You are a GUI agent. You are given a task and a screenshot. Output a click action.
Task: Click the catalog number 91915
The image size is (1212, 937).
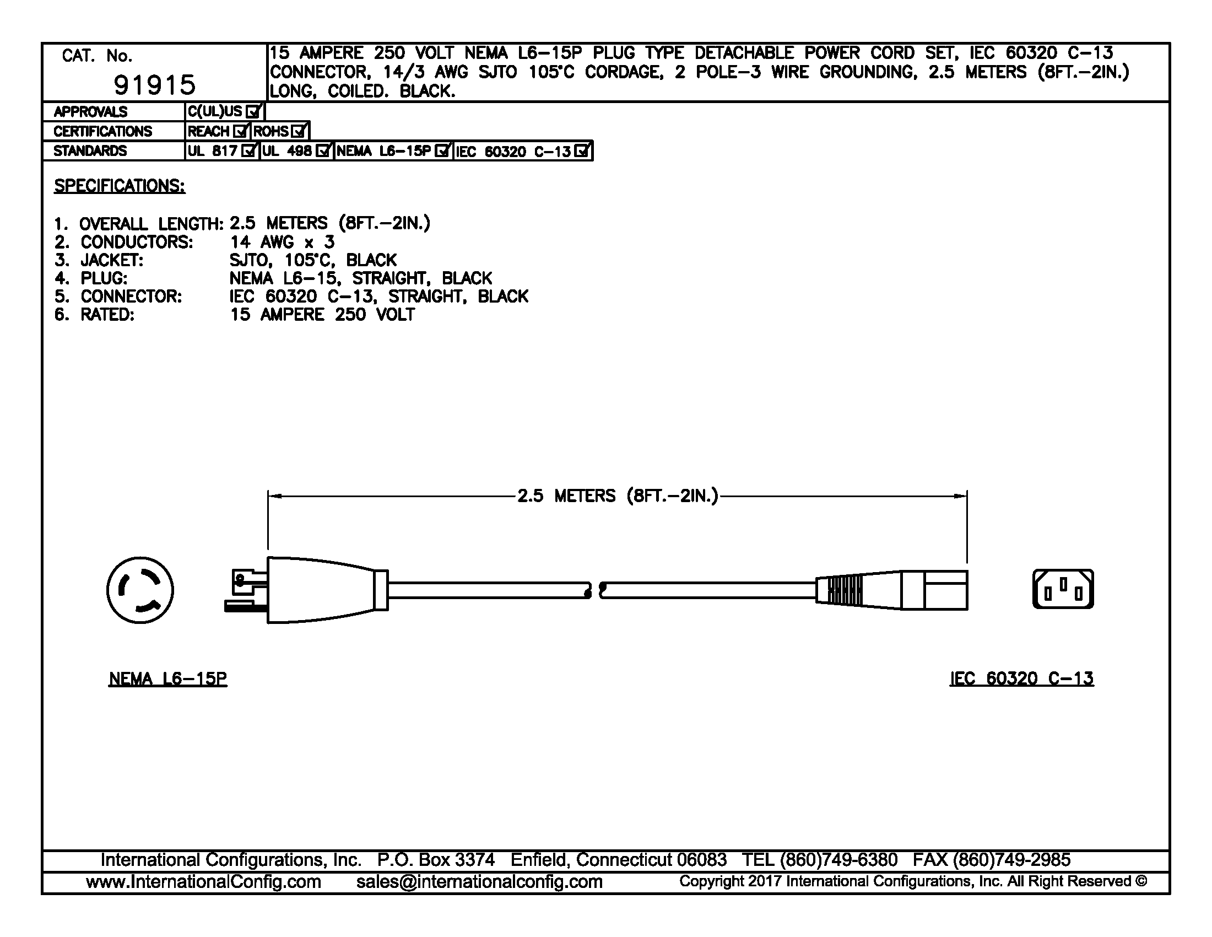[155, 85]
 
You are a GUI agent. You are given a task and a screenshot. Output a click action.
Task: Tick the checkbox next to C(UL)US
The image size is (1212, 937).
[253, 111]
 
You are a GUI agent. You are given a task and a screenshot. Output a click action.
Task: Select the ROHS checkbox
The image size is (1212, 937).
[299, 132]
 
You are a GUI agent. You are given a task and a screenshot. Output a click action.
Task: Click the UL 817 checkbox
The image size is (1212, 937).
[249, 151]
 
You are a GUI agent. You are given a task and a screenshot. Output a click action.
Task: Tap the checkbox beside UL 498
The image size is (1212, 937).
[323, 151]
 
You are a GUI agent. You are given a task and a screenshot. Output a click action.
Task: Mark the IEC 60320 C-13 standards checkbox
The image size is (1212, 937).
[582, 151]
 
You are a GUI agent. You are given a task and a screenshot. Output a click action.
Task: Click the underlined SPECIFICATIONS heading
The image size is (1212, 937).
[120, 186]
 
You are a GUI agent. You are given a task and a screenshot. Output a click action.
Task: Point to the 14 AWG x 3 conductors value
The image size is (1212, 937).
[283, 242]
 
